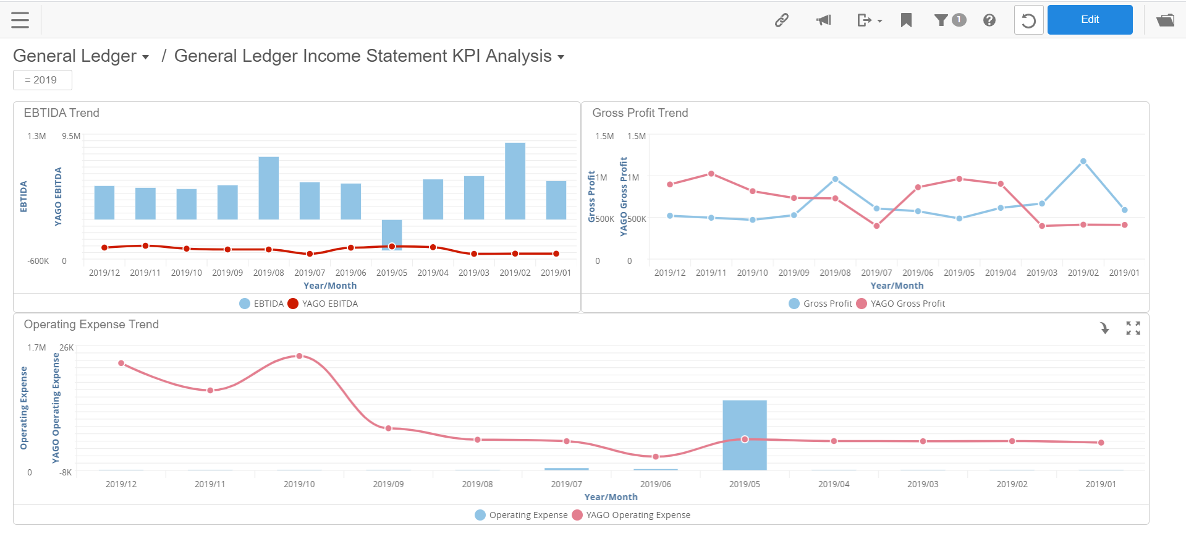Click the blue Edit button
coord(1089,20)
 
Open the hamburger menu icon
coord(20,20)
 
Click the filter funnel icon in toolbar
coord(941,20)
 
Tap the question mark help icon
coord(989,20)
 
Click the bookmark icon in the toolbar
coord(906,20)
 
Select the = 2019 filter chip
coord(42,80)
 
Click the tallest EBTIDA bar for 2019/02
coord(515,181)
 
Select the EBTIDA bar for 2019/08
coord(268,188)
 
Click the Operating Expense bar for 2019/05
coord(744,435)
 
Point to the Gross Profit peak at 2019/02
coord(1083,161)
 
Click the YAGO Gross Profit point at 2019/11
coord(711,174)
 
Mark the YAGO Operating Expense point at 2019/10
coord(299,356)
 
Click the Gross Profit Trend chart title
coord(640,113)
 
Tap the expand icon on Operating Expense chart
coord(1132,328)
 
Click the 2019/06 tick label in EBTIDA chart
coord(350,273)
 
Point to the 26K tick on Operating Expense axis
coord(66,347)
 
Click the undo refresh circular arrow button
coord(1028,20)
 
